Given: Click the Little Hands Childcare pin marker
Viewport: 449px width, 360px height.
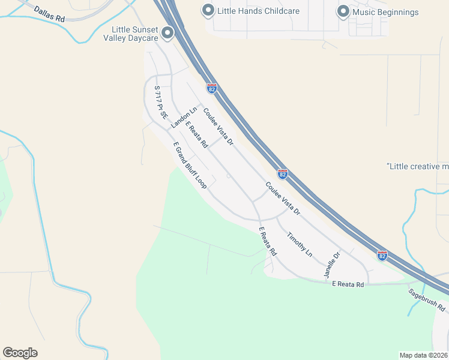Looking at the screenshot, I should click(x=208, y=10).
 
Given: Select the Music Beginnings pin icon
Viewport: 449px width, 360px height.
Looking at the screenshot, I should click(x=343, y=11).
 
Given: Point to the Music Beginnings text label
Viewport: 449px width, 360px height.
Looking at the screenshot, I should click(x=385, y=11).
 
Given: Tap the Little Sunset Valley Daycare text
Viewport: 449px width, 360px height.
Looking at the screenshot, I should click(x=134, y=34).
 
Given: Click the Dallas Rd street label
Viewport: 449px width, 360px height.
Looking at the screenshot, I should click(x=49, y=14).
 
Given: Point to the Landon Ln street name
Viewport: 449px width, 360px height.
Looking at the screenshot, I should click(x=184, y=118).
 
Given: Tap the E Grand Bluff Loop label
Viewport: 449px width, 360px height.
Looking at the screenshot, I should click(x=190, y=166).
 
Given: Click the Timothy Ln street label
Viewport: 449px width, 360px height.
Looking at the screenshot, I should click(x=299, y=244).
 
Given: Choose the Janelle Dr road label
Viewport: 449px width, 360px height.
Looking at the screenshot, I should click(x=332, y=264).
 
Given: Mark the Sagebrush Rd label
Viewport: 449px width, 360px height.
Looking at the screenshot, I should click(x=427, y=300).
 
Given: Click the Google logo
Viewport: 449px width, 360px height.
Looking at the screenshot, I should click(x=20, y=353).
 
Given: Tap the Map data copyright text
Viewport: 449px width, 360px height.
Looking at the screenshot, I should click(x=423, y=355).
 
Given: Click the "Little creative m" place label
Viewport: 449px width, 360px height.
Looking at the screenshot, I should click(x=418, y=166).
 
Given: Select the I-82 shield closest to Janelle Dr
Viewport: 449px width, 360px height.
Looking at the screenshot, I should click(x=382, y=255).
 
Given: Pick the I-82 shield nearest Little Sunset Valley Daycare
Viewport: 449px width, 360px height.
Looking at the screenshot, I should click(x=211, y=88).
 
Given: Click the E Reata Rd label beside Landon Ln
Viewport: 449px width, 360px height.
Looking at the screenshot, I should click(x=196, y=135).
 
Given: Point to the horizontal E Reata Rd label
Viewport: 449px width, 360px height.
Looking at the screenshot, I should click(x=348, y=284).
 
